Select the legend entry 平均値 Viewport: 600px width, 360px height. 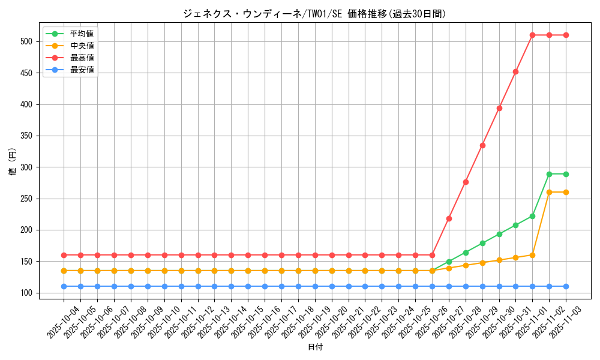[x=82, y=34]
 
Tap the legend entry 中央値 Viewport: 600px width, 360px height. [x=82, y=46]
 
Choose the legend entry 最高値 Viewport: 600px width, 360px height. [x=82, y=58]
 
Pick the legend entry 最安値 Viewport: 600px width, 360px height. [x=82, y=70]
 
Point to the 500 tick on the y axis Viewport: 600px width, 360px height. [x=29, y=41]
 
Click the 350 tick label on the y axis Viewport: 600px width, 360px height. [x=29, y=136]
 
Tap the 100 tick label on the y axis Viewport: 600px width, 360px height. [x=29, y=293]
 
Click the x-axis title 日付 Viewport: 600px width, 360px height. [x=315, y=347]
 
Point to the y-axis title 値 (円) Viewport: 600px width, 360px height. [x=13, y=163]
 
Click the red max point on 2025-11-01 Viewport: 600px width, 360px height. [x=532, y=35]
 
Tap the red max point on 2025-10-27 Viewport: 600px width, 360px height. [x=449, y=218]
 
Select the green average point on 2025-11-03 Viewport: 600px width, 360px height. [x=566, y=174]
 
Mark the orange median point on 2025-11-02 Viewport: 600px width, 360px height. [x=549, y=192]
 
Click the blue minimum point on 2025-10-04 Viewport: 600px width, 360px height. [x=64, y=286]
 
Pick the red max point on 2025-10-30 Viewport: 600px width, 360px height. [x=499, y=109]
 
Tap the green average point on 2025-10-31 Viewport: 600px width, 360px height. [x=515, y=225]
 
